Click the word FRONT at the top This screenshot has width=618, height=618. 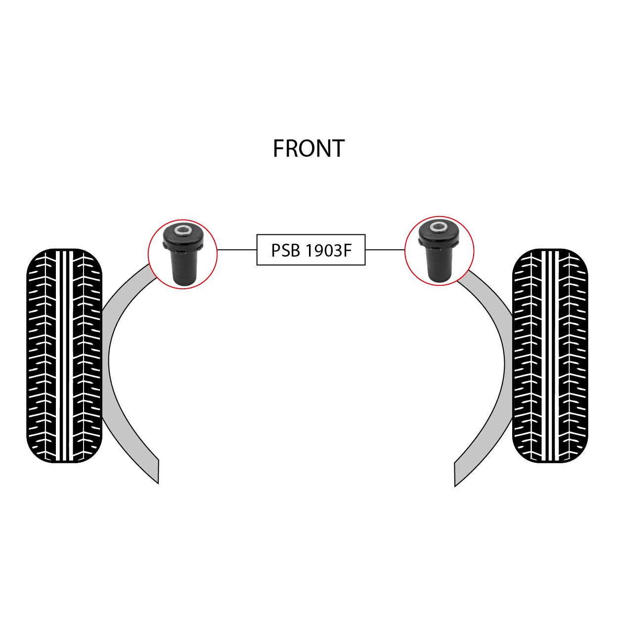tap(309, 148)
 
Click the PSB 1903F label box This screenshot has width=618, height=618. tap(311, 250)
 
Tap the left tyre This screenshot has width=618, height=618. tap(64, 355)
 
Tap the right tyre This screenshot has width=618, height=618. tap(550, 355)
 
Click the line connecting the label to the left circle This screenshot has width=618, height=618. tap(237, 250)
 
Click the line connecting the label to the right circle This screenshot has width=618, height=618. tap(385, 250)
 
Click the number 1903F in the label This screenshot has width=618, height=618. tap(329, 251)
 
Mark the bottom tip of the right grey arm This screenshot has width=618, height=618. tap(455, 486)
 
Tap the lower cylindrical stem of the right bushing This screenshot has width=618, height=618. tap(439, 265)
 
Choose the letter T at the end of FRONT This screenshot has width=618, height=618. tap(338, 148)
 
